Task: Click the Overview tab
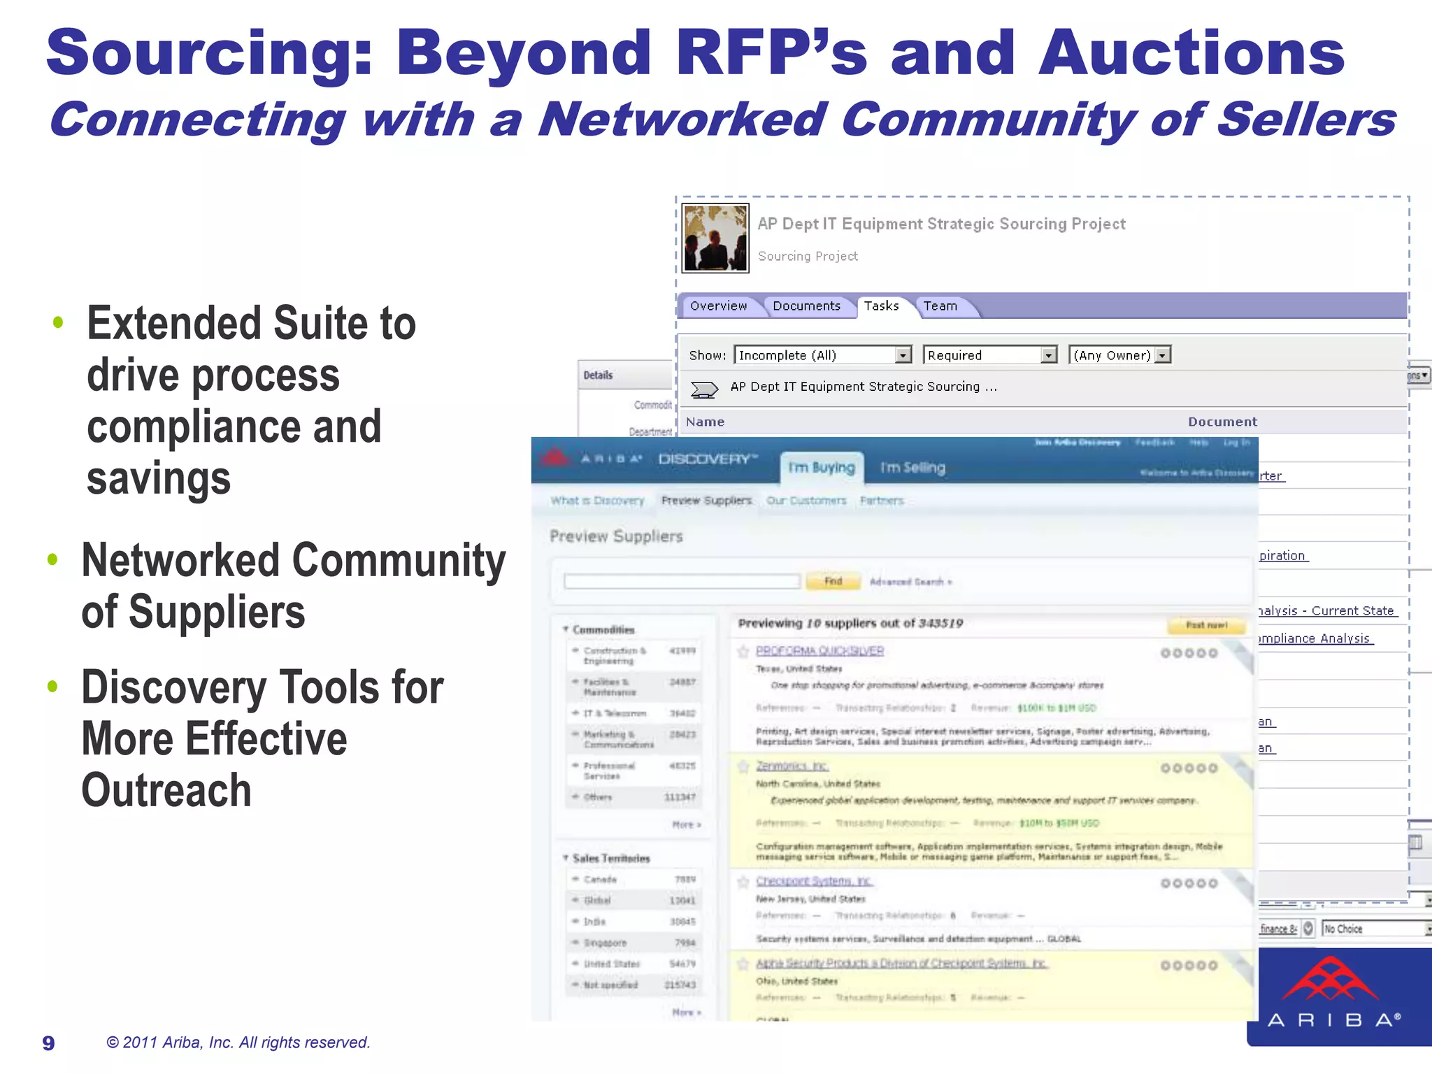[x=718, y=306]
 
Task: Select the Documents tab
[x=806, y=306]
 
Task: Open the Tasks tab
[x=881, y=306]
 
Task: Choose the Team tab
[x=940, y=306]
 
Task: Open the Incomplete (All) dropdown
[x=824, y=355]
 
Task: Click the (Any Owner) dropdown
[x=1119, y=355]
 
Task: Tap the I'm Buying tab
[x=822, y=468]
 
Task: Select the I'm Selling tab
[x=912, y=468]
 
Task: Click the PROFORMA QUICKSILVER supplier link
[x=819, y=651]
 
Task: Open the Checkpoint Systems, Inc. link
[x=814, y=881]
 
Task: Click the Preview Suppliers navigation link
[x=706, y=501]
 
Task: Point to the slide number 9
[x=48, y=1043]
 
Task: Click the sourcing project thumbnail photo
[x=715, y=238]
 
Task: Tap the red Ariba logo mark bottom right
[x=1331, y=979]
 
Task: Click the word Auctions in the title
[x=1191, y=53]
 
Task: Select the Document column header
[x=1222, y=422]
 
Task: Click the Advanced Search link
[x=910, y=582]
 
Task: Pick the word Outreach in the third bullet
[x=166, y=791]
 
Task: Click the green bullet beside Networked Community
[x=52, y=559]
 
